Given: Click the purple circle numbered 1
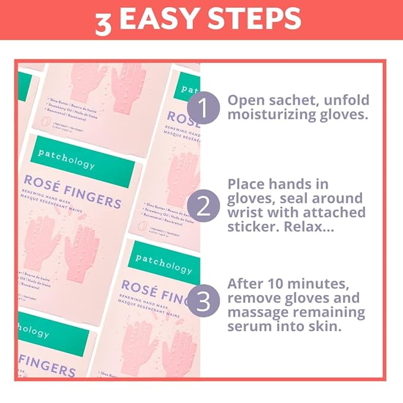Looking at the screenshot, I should click(203, 109).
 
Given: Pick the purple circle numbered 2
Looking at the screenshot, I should click(203, 207).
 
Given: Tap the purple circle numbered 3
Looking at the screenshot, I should click(203, 302).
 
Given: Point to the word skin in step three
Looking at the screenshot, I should click(328, 327).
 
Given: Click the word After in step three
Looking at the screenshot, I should click(246, 283).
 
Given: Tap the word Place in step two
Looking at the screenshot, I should click(246, 183).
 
